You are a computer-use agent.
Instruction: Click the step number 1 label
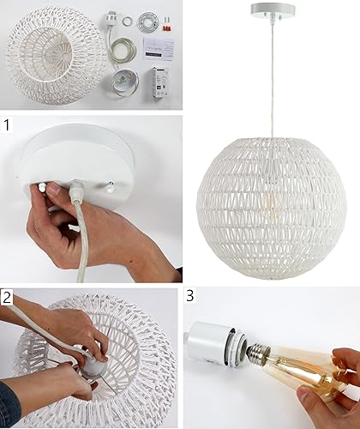pyautogui.click(x=8, y=125)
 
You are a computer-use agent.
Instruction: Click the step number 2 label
pyautogui.click(x=8, y=298)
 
